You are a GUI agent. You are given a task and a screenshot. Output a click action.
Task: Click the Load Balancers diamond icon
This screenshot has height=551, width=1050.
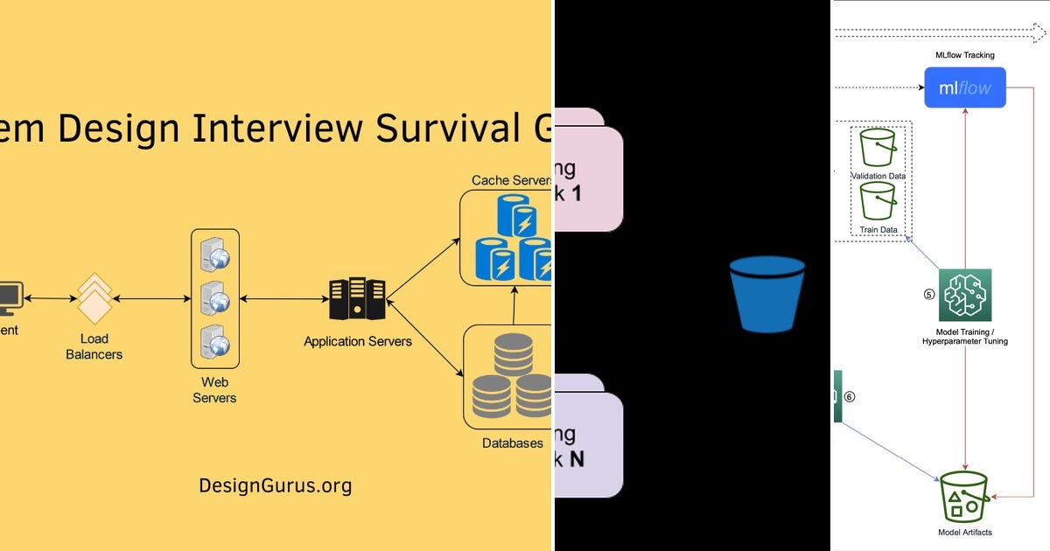coord(94,299)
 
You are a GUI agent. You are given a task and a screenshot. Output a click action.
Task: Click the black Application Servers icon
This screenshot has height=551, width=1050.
coord(357,299)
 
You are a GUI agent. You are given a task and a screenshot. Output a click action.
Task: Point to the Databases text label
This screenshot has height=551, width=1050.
coord(512,443)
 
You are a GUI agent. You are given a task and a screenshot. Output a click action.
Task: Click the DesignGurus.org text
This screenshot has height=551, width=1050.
coord(275,485)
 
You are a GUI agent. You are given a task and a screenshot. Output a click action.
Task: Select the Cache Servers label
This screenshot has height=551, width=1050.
coord(511,180)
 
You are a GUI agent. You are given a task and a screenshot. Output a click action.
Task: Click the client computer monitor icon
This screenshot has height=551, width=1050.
coord(9,297)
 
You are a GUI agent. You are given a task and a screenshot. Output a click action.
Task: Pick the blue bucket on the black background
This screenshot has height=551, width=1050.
coord(766,294)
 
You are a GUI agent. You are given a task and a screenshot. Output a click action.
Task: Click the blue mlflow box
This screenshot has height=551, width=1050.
coord(965,88)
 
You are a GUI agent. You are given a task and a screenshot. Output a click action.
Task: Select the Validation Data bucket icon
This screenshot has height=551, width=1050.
coord(878,148)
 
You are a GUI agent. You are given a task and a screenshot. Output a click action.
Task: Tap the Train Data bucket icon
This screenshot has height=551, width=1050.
coord(878,202)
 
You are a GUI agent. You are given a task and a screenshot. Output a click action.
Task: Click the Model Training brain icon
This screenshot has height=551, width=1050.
coord(965,296)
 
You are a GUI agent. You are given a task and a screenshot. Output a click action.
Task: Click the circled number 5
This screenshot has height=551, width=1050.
coord(928,295)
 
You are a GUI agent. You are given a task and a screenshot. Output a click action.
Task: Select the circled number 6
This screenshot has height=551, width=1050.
coord(849,396)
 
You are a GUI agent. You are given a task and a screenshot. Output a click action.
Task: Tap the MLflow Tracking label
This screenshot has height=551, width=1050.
coord(965,55)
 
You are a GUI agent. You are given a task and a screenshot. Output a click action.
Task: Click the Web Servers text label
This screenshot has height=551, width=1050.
coord(214,390)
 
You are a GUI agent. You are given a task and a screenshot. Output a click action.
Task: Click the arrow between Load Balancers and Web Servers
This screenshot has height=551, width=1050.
coord(151,299)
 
